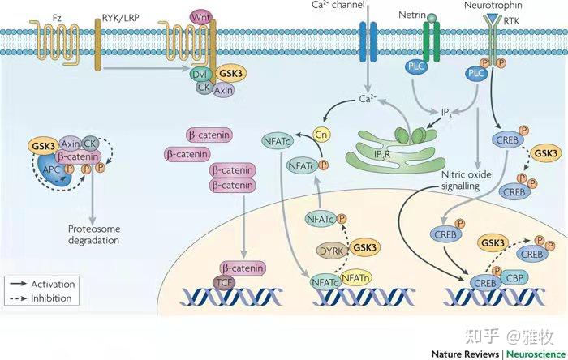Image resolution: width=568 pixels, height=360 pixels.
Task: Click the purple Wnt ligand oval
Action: (x=200, y=17)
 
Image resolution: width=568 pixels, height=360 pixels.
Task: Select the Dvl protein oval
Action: (x=200, y=74)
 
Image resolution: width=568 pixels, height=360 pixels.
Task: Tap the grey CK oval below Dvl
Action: (x=204, y=87)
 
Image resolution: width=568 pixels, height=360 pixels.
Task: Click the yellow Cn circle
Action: (x=321, y=135)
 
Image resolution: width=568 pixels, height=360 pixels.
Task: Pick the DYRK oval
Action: (x=332, y=251)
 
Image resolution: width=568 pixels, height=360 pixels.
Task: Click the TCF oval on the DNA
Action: (x=224, y=282)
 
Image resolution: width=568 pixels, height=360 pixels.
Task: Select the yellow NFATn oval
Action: (x=356, y=278)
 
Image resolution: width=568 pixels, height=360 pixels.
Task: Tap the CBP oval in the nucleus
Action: (x=514, y=278)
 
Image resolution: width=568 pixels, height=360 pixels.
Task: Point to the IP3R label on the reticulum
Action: (x=382, y=155)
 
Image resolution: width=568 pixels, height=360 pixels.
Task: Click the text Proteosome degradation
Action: (x=94, y=234)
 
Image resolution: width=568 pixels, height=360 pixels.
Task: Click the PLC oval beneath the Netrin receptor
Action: (x=415, y=66)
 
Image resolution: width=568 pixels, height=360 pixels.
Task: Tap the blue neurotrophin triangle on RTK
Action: (x=493, y=17)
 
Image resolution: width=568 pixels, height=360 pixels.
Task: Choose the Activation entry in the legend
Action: (x=41, y=284)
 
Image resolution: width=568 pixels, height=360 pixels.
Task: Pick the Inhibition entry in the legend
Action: (x=41, y=298)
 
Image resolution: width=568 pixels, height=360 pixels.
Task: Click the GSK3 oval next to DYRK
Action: (x=365, y=247)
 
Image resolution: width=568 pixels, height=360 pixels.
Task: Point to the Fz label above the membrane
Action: (x=57, y=18)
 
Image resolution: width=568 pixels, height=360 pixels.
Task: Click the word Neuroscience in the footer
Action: (x=536, y=354)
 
